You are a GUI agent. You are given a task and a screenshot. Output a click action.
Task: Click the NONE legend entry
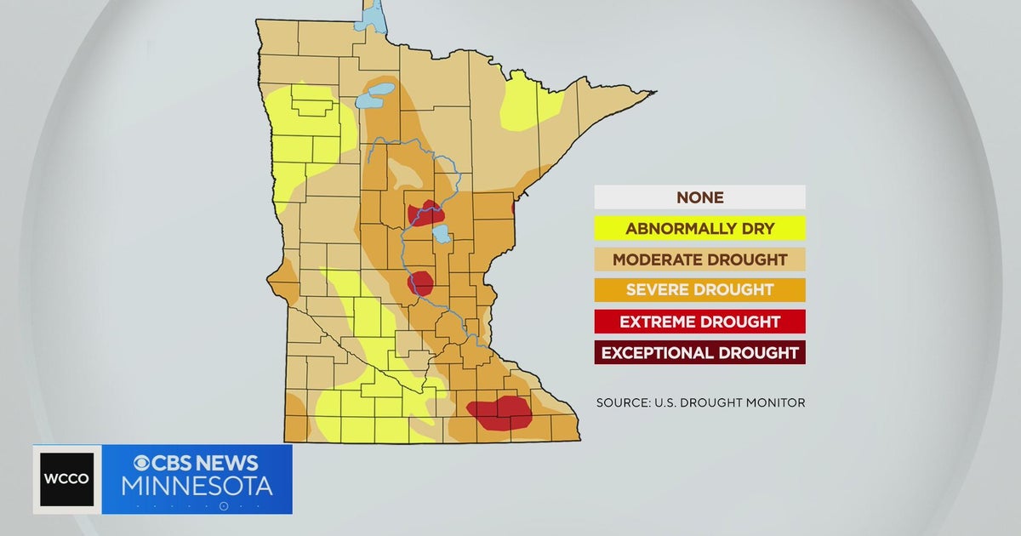[x=699, y=197]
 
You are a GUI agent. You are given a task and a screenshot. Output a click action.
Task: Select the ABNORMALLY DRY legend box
[x=699, y=228]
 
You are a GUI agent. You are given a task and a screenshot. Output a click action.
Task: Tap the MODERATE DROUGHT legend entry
[x=699, y=259]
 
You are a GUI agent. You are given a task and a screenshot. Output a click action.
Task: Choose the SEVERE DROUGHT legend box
[x=699, y=289]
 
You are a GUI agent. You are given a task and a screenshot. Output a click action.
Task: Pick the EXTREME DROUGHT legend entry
[x=699, y=321]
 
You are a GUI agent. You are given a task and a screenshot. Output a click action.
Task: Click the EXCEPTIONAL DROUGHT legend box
[x=699, y=352]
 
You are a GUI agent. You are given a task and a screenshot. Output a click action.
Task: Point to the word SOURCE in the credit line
[x=625, y=402]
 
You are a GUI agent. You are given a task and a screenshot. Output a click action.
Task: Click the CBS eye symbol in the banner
[x=142, y=464]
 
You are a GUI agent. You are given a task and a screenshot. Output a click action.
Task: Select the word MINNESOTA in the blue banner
[x=197, y=487]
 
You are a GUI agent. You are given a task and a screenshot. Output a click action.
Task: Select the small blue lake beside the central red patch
[x=441, y=233]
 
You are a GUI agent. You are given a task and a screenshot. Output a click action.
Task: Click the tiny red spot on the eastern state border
[x=513, y=208]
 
